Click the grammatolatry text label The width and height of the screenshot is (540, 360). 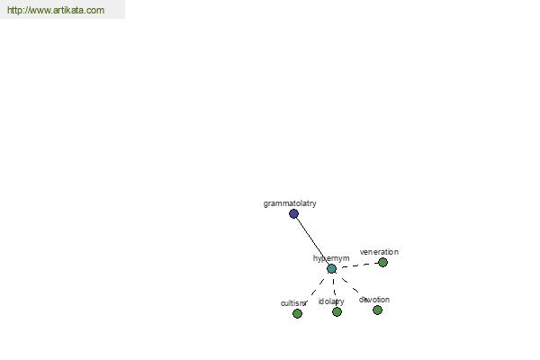(x=290, y=203)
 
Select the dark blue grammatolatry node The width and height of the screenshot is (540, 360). (x=293, y=214)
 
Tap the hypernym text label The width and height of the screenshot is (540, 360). (x=331, y=258)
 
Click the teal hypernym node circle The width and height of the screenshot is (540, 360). (x=331, y=269)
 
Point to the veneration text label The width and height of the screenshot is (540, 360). (x=379, y=252)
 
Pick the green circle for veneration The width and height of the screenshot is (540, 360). (x=383, y=263)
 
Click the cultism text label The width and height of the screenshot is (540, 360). (x=293, y=303)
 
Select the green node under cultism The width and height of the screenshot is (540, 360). (x=297, y=313)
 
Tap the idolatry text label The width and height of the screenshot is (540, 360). (x=331, y=301)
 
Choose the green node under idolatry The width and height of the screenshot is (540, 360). (x=337, y=311)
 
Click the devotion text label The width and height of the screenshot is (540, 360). (x=374, y=300)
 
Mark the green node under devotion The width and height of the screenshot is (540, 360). (x=377, y=310)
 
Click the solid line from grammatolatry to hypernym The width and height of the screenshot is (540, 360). (x=312, y=241)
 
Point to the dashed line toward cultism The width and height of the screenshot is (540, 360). (x=315, y=290)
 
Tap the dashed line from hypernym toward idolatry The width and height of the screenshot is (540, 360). (x=335, y=291)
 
